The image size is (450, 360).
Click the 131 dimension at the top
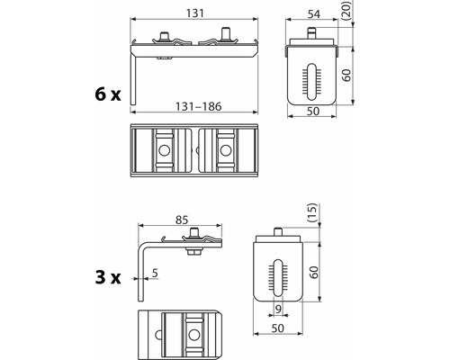click(194, 12)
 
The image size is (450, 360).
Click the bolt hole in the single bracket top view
click(193, 333)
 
